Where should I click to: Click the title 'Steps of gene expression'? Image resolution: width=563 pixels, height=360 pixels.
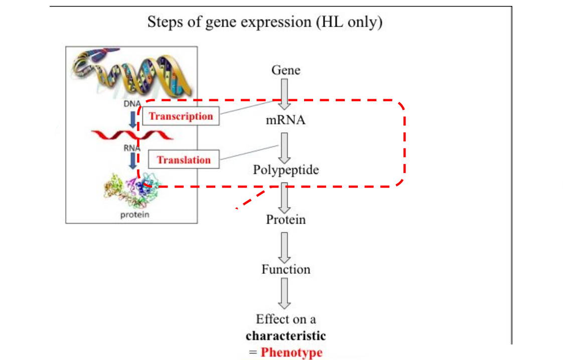coord(264,22)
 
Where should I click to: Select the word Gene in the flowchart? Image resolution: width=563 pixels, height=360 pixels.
coord(286,70)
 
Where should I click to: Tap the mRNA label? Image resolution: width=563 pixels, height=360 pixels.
coord(286,120)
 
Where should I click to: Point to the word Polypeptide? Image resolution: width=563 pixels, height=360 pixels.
coord(286,170)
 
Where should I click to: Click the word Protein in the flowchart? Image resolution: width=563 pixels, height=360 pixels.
coord(286,220)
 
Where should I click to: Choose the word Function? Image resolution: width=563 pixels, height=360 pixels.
coord(286,269)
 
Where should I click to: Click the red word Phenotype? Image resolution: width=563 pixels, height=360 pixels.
coord(292,352)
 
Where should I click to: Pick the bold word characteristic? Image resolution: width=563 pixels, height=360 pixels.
coord(286,335)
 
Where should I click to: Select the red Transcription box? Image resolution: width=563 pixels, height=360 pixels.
coord(181,116)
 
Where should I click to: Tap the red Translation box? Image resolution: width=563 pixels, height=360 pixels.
coord(184,160)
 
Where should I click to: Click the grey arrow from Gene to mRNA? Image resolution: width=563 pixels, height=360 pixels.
coord(285,94)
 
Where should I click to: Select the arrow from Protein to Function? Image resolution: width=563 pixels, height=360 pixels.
coord(285,245)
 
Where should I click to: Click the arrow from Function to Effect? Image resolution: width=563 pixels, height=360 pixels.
coord(285,293)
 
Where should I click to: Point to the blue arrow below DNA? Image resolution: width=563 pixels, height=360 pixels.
coord(133,119)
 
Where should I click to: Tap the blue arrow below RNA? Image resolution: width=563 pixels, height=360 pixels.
coord(133,160)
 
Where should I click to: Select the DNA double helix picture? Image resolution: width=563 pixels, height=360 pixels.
coord(131,73)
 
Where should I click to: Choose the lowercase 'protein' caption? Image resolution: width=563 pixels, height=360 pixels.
coord(134,215)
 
